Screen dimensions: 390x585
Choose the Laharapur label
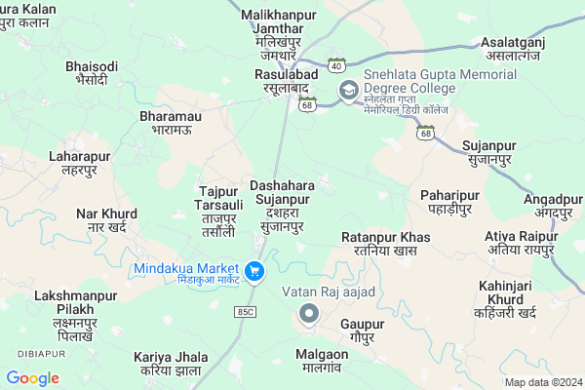point(80,163)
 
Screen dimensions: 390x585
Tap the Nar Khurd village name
point(106,220)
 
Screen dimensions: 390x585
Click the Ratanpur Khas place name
point(386,244)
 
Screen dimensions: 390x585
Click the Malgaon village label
point(321,363)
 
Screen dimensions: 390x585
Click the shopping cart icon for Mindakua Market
point(254,271)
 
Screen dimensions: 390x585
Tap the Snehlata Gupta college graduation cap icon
point(348,91)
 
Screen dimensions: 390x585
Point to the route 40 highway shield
point(335,65)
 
